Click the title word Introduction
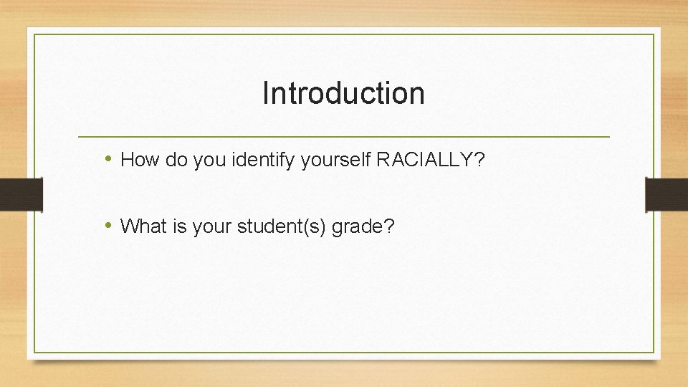tap(343, 93)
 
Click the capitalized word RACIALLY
tap(423, 159)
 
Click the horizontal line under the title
tap(343, 136)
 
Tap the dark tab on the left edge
tap(21, 194)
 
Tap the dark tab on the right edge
tap(666, 194)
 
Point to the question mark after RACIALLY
tap(479, 159)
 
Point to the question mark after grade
tap(389, 226)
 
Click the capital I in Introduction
tap(266, 93)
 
